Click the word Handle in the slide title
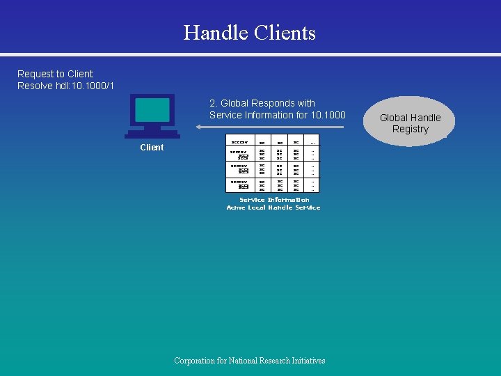216,33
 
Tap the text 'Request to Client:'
56,74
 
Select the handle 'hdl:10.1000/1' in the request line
87,86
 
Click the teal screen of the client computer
152,111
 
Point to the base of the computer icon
152,134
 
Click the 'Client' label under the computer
152,147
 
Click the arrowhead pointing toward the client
196,127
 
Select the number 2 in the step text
212,103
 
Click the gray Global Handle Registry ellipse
410,121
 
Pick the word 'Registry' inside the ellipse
410,129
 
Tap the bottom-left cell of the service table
239,185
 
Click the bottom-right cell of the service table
312,185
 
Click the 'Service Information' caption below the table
274,200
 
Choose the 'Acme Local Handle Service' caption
273,207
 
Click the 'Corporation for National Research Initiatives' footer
250,360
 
